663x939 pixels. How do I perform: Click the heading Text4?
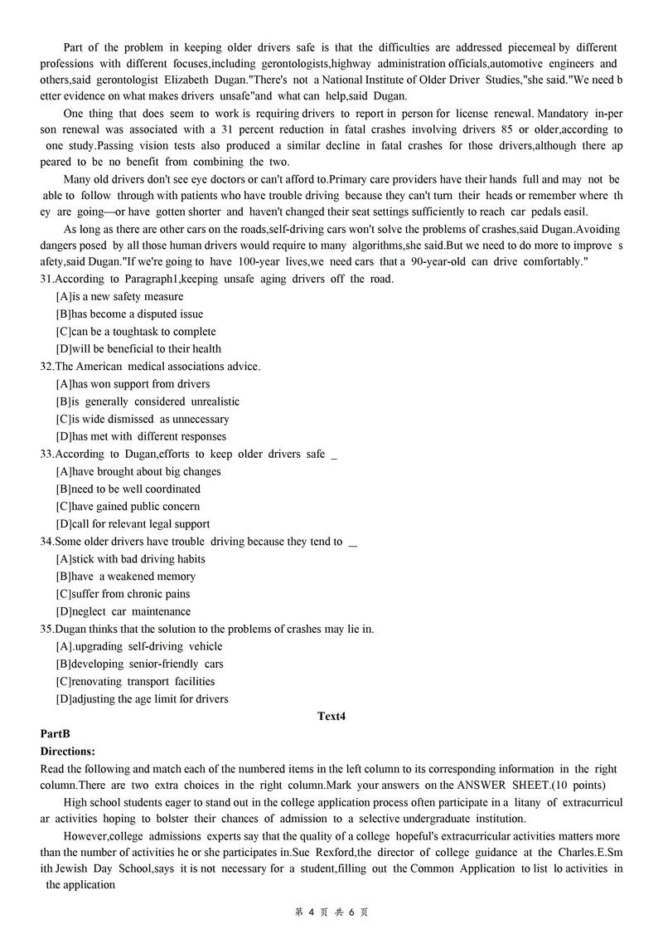point(331,717)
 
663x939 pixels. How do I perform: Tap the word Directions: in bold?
point(68,752)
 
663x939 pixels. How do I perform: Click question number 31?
point(46,279)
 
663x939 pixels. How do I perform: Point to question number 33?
point(46,454)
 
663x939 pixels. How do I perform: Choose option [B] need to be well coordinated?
point(128,489)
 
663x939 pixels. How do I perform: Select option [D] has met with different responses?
point(141,436)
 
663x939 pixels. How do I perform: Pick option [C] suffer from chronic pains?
point(123,594)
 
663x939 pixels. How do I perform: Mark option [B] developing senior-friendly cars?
point(139,664)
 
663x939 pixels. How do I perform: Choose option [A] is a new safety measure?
point(120,296)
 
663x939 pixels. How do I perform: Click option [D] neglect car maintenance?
point(123,611)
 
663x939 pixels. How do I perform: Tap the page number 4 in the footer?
point(311,912)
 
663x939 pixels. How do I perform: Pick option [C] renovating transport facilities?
point(135,681)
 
